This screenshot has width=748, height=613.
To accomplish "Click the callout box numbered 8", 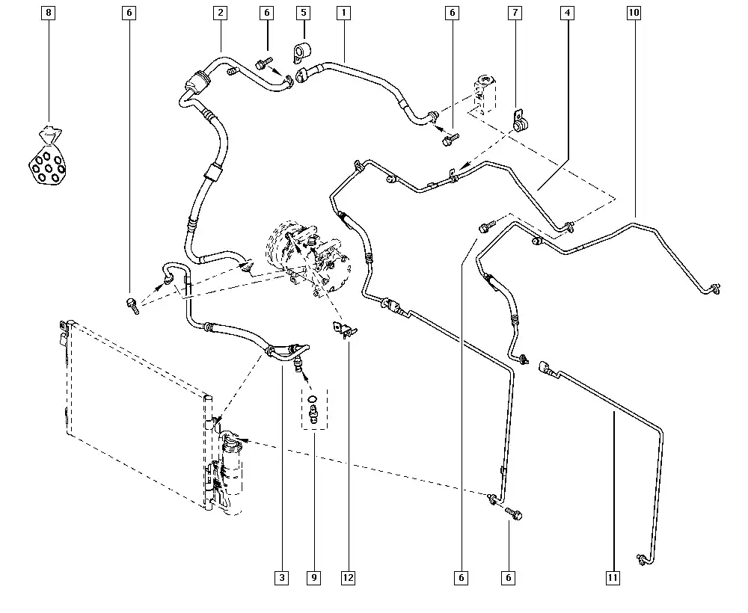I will (49, 13).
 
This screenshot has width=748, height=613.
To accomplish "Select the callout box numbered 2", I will (220, 13).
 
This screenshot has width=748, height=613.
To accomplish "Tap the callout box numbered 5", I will (303, 13).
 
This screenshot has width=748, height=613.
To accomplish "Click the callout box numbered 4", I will (568, 13).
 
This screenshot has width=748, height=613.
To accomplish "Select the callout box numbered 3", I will (281, 577).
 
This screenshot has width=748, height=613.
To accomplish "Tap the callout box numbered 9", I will (314, 577).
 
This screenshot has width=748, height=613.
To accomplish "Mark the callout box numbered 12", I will (348, 577).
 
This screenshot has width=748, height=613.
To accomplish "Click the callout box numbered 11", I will (613, 577).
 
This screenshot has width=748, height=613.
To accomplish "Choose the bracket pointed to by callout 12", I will (344, 329).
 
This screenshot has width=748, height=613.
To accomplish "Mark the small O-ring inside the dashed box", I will (312, 398).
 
